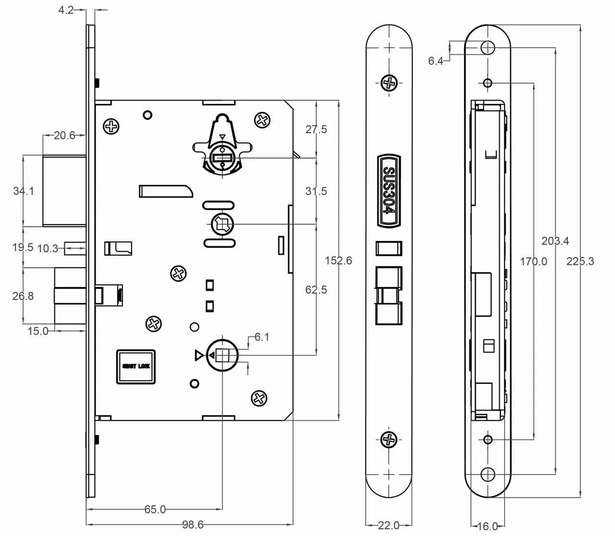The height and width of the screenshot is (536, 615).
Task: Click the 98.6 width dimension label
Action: (x=193, y=524)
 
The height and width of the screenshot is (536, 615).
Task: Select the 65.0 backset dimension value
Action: (x=155, y=509)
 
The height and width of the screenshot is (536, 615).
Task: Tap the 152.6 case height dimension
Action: (x=338, y=261)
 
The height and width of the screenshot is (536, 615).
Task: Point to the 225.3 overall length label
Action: (x=580, y=261)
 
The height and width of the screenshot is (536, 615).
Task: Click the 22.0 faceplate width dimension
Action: (x=388, y=525)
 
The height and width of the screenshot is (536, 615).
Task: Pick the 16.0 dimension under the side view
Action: (x=487, y=526)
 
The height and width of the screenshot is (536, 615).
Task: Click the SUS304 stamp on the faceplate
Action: (x=389, y=191)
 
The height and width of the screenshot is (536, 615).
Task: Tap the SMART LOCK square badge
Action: (x=136, y=367)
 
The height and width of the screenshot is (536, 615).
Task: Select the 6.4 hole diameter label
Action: (x=436, y=61)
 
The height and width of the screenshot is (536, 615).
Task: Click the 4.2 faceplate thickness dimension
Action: (x=66, y=10)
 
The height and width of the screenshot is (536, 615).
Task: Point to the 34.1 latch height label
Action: (x=24, y=191)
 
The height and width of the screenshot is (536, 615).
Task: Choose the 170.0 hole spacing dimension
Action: (x=533, y=262)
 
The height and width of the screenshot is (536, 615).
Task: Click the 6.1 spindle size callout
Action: (x=262, y=337)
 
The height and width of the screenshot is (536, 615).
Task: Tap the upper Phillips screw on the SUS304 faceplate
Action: (x=389, y=83)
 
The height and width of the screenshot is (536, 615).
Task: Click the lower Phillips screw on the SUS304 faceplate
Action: (x=389, y=439)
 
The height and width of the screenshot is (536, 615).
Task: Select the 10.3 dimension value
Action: (x=48, y=249)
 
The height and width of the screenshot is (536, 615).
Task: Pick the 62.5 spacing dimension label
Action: (x=316, y=289)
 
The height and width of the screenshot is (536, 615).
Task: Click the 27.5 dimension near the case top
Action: (x=316, y=129)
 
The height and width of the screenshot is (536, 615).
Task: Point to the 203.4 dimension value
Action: (x=555, y=241)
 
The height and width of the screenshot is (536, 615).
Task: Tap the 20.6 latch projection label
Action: (x=64, y=136)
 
